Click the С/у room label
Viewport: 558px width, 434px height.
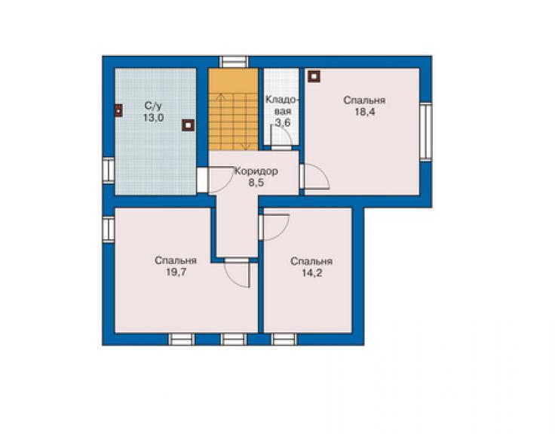[x=153, y=106]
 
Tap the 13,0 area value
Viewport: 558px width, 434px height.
[x=153, y=118]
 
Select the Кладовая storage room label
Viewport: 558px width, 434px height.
[x=283, y=106]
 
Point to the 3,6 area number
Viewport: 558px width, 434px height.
[x=283, y=122]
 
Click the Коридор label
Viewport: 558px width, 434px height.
[x=256, y=171]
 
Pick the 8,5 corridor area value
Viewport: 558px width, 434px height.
[x=256, y=183]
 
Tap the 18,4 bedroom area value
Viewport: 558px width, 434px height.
[x=364, y=112]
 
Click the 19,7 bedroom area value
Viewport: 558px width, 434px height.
[x=176, y=272]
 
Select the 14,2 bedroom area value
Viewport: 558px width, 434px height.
[x=312, y=273]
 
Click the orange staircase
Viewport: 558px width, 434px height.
[x=233, y=109]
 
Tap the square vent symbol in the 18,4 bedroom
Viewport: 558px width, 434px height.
[x=314, y=76]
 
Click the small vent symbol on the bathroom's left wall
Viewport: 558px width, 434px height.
[x=118, y=110]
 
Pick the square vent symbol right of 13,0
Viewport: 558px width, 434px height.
[x=189, y=125]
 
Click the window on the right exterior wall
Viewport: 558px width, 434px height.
[x=425, y=132]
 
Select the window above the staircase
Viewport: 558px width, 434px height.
[x=233, y=62]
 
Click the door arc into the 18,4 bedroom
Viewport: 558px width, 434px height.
[x=316, y=176]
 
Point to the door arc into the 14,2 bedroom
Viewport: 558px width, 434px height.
[x=275, y=227]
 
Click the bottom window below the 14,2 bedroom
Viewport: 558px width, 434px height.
[x=284, y=339]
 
